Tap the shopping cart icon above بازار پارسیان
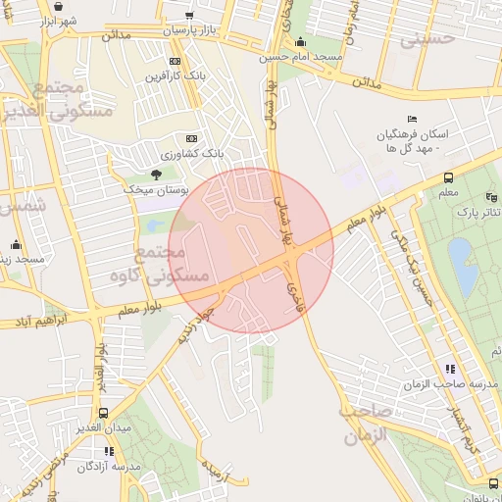click(188, 16)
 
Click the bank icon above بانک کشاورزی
click(191, 139)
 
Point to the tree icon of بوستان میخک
click(155, 173)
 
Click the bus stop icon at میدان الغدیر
click(104, 413)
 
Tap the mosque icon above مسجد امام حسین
click(299, 42)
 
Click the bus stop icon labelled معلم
click(448, 178)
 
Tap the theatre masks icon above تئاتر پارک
click(491, 197)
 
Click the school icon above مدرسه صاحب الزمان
click(450, 369)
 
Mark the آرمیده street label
click(215, 471)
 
